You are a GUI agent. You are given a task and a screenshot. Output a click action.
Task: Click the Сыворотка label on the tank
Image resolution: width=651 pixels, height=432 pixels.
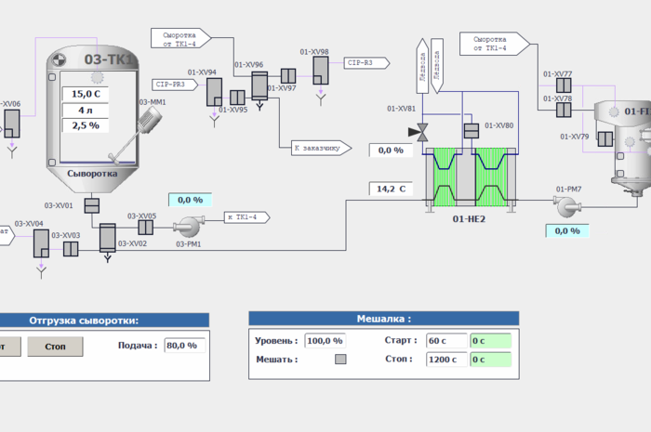[x=92, y=172]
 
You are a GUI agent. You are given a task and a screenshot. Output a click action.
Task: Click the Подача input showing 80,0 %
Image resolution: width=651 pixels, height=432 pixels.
[x=184, y=346]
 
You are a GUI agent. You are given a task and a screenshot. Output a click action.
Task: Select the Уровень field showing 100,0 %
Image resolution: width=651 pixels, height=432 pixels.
[x=325, y=341]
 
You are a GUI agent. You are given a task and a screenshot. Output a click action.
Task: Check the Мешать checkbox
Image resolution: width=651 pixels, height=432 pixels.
[x=340, y=360]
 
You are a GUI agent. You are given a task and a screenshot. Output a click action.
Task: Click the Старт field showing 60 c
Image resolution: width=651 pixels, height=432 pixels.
[x=446, y=341]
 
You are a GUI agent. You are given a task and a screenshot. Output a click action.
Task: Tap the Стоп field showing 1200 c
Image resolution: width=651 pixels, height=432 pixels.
[x=446, y=360]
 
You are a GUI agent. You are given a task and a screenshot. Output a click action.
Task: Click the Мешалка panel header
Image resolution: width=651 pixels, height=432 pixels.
[x=383, y=319]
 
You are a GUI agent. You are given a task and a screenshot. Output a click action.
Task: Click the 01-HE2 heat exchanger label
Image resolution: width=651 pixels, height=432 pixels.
[x=471, y=219]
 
